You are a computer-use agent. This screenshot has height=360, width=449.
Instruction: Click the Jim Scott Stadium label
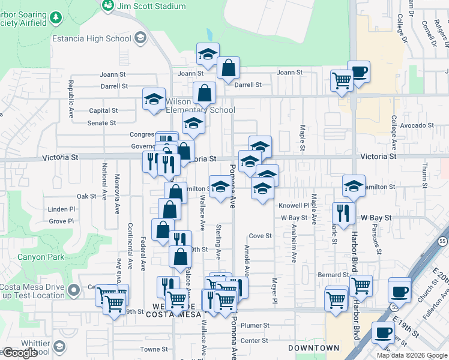point(151,6)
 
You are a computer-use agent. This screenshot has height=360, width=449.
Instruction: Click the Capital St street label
point(103,110)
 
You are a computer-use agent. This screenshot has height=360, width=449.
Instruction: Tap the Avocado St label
point(417,125)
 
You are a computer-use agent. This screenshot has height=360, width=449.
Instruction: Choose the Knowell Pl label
point(294,205)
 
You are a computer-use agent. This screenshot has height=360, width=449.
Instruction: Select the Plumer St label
point(255,325)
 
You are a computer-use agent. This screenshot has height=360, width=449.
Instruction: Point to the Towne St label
point(154,349)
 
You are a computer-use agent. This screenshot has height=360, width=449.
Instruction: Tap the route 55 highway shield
point(442,241)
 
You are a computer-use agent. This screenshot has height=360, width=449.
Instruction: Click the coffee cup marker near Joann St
point(359,72)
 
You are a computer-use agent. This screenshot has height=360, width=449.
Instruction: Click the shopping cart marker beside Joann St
point(342,80)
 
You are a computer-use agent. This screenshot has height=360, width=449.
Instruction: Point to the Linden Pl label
point(62,209)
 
